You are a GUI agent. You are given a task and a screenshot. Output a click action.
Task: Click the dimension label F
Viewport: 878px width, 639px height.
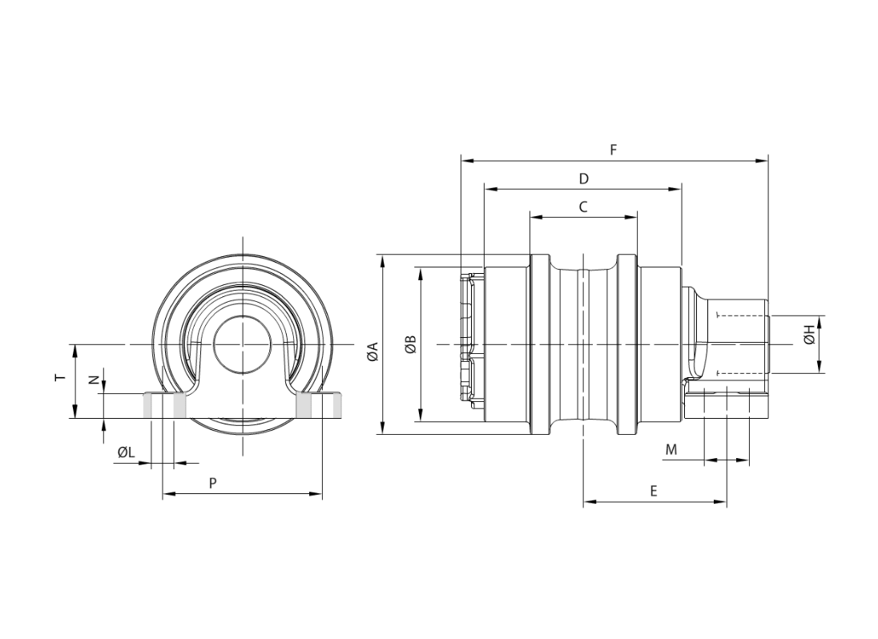(x=613, y=150)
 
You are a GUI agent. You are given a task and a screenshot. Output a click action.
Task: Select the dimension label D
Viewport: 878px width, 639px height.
(x=583, y=179)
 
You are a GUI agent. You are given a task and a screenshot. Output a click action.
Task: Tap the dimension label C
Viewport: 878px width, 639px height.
(x=583, y=207)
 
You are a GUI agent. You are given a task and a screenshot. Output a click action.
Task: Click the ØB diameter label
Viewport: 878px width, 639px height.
(x=410, y=344)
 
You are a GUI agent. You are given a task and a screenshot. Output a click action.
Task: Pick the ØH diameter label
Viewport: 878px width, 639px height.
(x=809, y=338)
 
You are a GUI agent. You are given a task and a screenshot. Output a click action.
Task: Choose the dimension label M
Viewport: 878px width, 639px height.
(x=671, y=449)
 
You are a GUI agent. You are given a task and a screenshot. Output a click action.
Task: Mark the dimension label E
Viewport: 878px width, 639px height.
(x=654, y=492)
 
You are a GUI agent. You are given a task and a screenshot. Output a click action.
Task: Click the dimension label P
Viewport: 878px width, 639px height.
(x=213, y=483)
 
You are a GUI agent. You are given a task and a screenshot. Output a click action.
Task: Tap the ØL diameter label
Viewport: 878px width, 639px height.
(x=126, y=452)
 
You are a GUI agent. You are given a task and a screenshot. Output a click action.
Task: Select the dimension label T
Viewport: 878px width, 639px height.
(x=60, y=378)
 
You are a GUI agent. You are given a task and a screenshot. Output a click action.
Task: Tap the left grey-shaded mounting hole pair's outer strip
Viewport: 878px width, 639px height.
(x=148, y=406)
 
